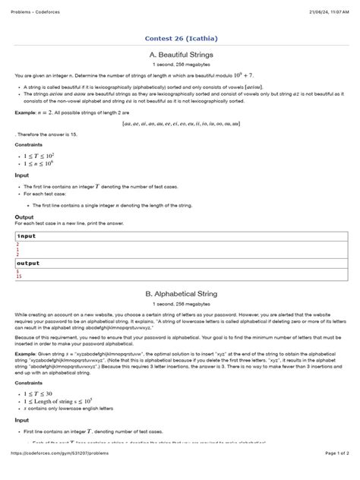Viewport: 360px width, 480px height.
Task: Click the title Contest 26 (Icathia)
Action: tap(180, 39)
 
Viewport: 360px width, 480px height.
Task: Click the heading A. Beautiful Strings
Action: tap(180, 55)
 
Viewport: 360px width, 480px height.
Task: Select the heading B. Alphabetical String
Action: tap(180, 292)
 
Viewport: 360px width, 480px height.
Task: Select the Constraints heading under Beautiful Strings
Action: tap(29, 144)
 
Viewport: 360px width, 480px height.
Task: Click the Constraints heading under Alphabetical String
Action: tap(29, 373)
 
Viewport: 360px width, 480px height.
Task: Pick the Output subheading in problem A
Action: tap(24, 216)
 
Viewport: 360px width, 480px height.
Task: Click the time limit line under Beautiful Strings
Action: tap(180, 65)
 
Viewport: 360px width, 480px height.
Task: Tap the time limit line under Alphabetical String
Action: tap(180, 302)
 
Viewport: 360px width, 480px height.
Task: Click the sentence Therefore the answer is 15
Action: tap(46, 134)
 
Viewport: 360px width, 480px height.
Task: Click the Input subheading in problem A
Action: tap(22, 175)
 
